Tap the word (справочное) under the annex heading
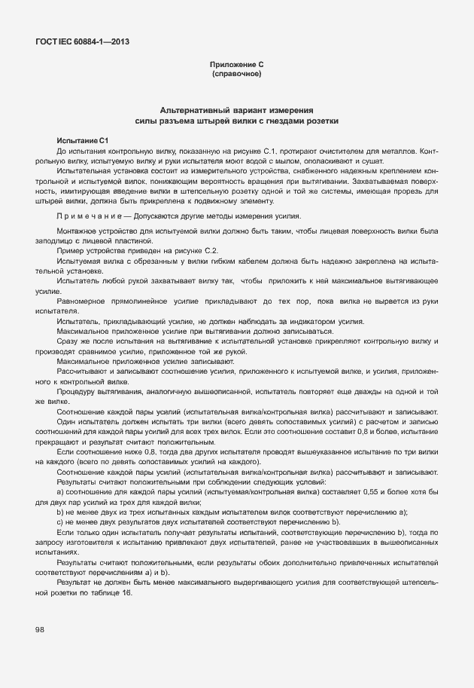click(237, 75)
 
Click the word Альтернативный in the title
click(184, 110)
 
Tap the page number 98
click(39, 630)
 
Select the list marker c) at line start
click(59, 521)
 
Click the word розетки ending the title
click(323, 121)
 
